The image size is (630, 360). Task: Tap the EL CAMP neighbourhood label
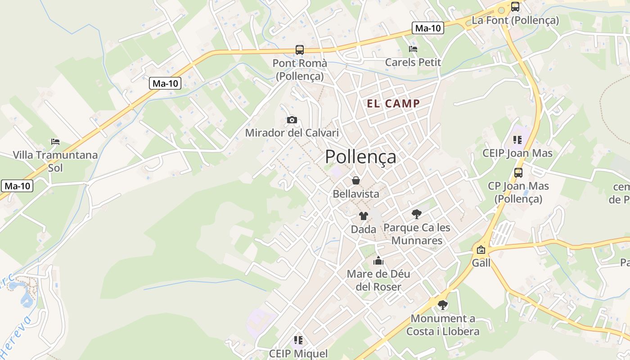click(x=393, y=103)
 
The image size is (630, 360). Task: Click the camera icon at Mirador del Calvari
click(x=292, y=120)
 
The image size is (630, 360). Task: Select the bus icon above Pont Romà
click(x=300, y=50)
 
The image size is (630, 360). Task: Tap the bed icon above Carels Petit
click(x=413, y=49)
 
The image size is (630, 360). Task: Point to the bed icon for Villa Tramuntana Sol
click(x=55, y=142)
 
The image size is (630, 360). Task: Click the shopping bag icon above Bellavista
click(x=356, y=180)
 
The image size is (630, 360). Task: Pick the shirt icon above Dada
click(x=364, y=216)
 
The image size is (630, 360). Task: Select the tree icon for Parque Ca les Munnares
click(x=417, y=214)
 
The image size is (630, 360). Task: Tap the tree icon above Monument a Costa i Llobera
click(x=443, y=305)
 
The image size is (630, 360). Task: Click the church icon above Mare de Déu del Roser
click(x=378, y=261)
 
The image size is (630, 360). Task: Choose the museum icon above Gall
click(x=481, y=250)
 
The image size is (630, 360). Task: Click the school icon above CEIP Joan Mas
click(x=517, y=140)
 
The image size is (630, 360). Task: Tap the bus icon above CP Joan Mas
click(x=518, y=172)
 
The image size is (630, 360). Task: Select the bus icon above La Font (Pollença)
click(x=515, y=7)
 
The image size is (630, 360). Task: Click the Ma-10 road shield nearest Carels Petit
click(x=427, y=28)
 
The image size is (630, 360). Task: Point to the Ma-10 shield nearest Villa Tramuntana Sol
click(x=18, y=185)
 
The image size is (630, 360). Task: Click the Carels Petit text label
click(x=413, y=62)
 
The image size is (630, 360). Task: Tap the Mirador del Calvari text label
click(x=292, y=133)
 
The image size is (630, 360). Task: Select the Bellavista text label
click(x=356, y=194)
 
